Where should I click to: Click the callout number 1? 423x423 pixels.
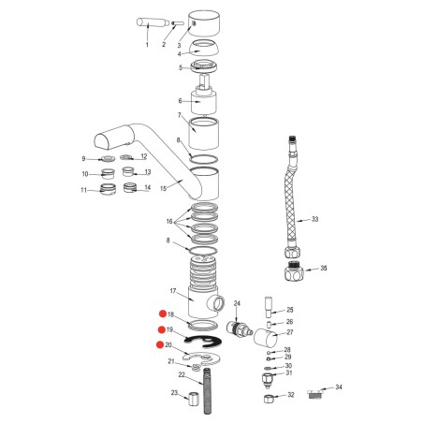[146, 45]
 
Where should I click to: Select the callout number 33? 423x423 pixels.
[314, 220]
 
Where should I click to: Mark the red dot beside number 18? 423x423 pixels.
[162, 314]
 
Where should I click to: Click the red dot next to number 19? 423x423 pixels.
[162, 330]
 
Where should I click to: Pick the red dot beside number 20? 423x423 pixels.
[162, 346]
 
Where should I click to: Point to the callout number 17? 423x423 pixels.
[173, 291]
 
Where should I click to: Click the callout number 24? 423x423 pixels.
[237, 303]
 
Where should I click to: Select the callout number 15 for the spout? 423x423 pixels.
[163, 188]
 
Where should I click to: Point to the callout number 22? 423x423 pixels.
[182, 375]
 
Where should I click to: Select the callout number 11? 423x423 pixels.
[83, 190]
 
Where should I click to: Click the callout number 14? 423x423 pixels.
[147, 188]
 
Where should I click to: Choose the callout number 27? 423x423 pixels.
[289, 332]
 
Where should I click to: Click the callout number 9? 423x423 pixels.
[83, 158]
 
